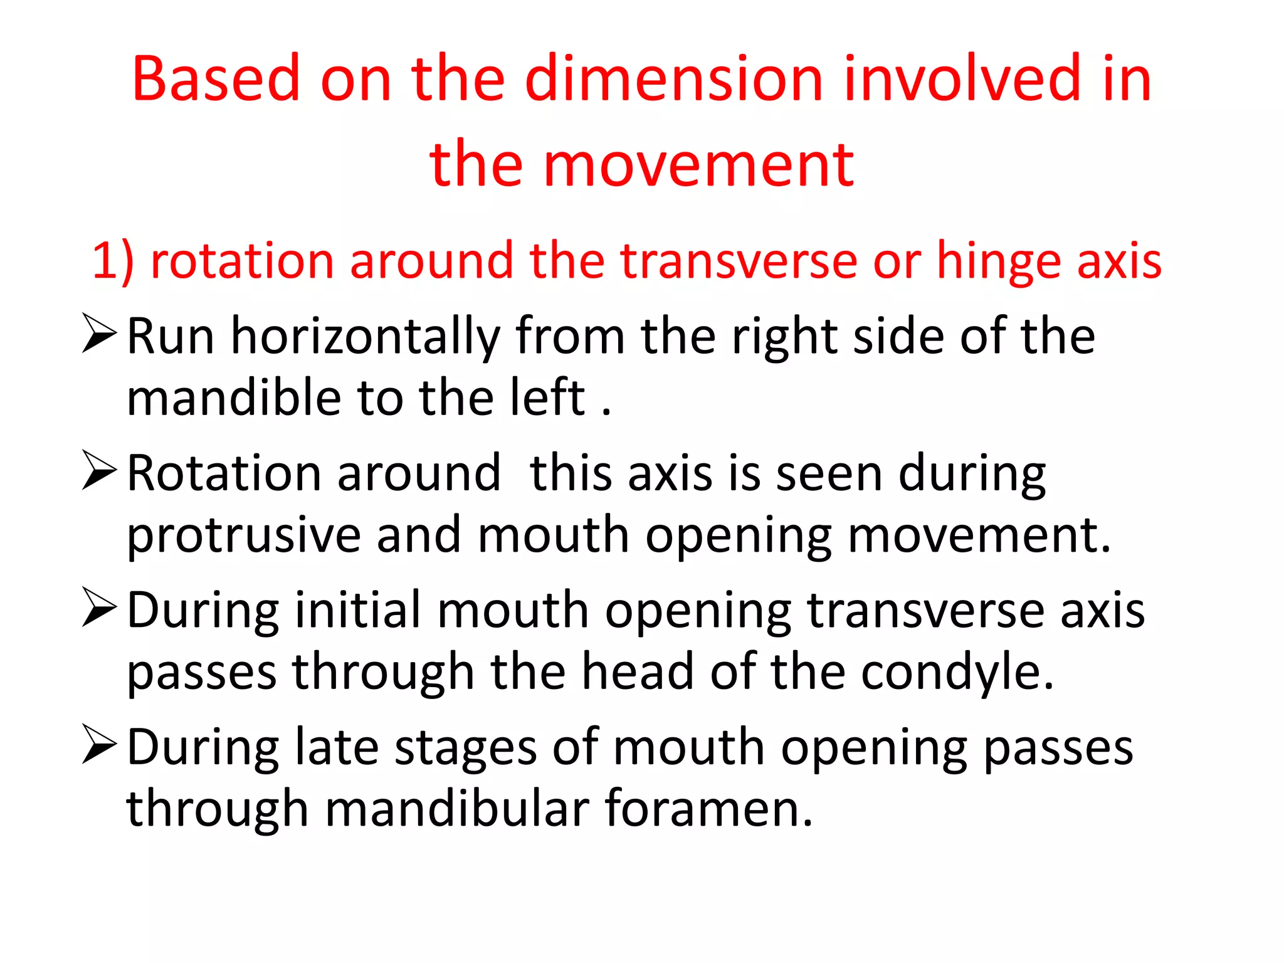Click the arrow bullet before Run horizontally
click(x=99, y=335)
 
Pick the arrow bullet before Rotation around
click(x=99, y=471)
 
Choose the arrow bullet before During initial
click(x=99, y=608)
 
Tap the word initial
click(x=358, y=611)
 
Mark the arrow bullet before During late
click(x=99, y=745)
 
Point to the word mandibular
click(x=457, y=809)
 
